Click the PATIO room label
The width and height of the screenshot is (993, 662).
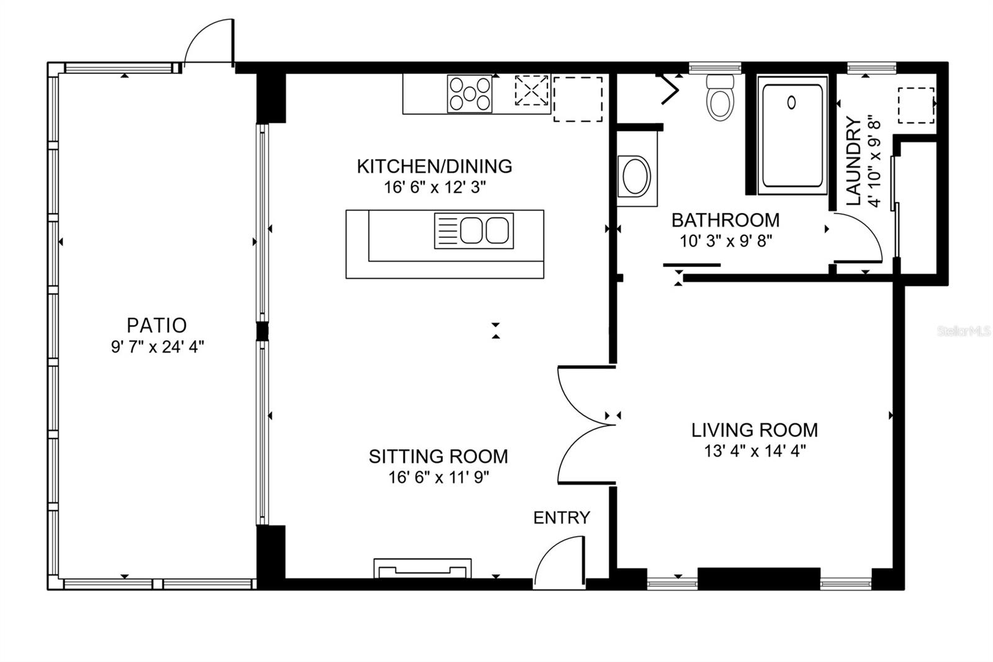click(x=156, y=325)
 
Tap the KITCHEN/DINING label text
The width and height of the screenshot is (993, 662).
click(x=434, y=166)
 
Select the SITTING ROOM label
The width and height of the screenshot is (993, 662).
click(x=438, y=456)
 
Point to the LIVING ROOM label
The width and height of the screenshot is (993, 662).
click(x=755, y=430)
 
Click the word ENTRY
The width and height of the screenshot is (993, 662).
click(x=562, y=518)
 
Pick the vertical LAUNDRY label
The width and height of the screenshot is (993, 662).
click(x=853, y=161)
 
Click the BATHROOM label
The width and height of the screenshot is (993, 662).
click(x=726, y=220)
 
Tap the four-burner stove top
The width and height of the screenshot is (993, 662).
click(x=470, y=94)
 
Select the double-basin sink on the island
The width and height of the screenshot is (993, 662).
click(x=474, y=231)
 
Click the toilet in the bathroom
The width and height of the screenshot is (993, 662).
click(x=720, y=97)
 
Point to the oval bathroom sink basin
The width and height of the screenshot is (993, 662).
click(x=636, y=176)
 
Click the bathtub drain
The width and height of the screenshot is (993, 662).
click(x=791, y=103)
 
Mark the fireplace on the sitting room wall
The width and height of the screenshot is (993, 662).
click(x=423, y=568)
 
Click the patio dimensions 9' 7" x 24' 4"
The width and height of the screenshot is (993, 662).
click(x=158, y=347)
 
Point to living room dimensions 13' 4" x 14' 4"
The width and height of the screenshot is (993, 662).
click(x=755, y=451)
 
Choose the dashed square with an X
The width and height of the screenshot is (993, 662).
click(x=531, y=90)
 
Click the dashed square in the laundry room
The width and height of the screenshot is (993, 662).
click(x=916, y=106)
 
